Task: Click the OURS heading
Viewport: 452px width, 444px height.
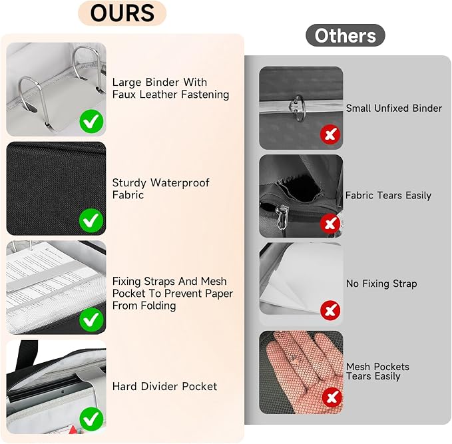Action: (122, 13)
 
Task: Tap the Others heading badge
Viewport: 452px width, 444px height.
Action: (345, 35)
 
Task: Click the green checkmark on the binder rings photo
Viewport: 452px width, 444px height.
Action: (91, 121)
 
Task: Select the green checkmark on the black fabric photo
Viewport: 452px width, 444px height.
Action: (91, 220)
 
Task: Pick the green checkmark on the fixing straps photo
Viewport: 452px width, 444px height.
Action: (91, 320)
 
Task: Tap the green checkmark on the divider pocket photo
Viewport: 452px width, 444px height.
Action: (91, 419)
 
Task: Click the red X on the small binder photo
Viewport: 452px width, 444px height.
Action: (330, 134)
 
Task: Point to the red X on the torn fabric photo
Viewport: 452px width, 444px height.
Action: (330, 224)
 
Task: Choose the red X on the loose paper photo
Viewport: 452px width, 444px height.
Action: (330, 310)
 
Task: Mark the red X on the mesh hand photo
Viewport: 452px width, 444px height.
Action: (332, 397)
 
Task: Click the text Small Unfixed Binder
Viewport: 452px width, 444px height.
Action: (394, 109)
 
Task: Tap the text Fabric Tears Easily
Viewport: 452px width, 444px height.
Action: (388, 196)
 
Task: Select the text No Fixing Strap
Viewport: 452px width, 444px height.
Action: (381, 284)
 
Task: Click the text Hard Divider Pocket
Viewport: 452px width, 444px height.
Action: (164, 386)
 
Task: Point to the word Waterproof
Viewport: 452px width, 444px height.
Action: (180, 183)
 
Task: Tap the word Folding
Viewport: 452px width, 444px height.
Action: (158, 306)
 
